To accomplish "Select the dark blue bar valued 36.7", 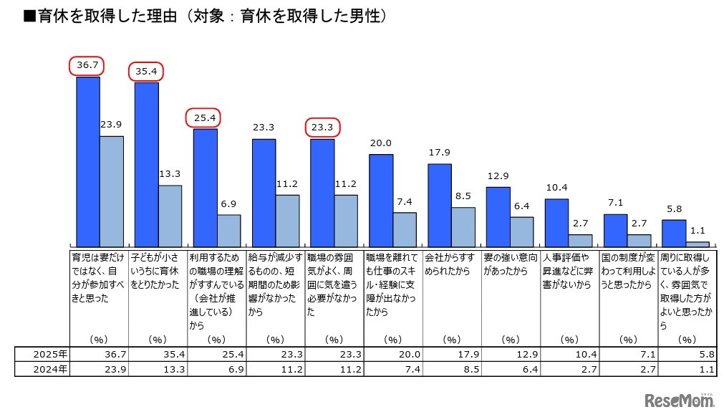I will coord(88,161).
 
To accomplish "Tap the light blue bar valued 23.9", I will coord(112,191).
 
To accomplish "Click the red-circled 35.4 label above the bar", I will coord(147,72).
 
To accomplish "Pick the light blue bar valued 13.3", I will coord(170,216).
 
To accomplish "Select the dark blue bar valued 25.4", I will coord(206,188).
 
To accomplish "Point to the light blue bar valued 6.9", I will coord(229,231).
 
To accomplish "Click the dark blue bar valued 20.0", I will coord(381,201).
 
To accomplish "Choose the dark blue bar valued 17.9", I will coord(440,206).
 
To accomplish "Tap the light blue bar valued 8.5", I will coord(463,227).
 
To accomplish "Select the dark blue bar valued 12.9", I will coord(498,217).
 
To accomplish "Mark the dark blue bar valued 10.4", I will coord(557,223).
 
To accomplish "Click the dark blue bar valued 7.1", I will coord(616,230).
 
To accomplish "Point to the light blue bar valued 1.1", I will coord(698,244).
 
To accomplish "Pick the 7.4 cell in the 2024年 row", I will coord(393,369).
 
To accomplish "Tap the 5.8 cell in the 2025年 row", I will coord(687,354).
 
